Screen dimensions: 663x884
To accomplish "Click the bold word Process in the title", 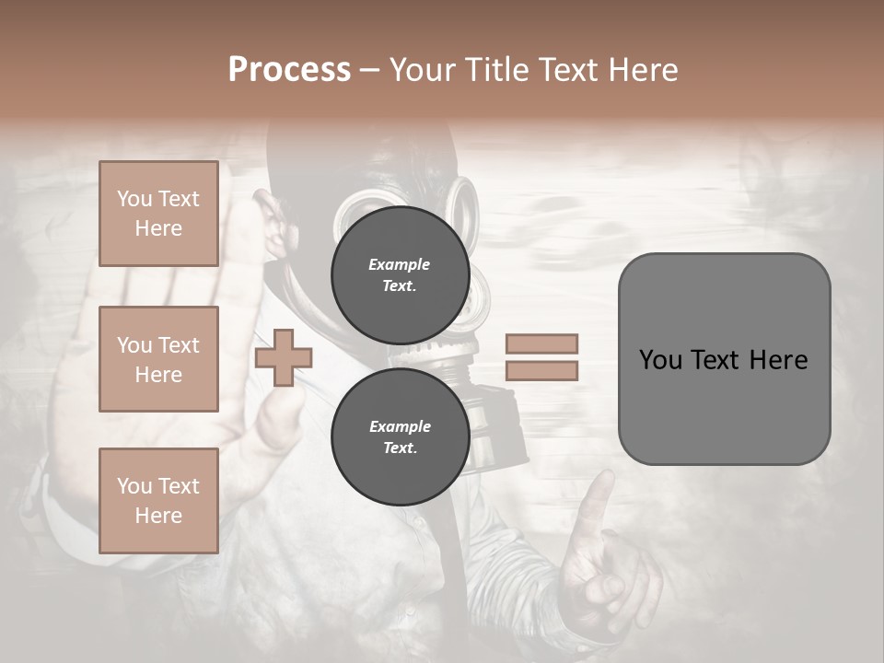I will coord(289,69).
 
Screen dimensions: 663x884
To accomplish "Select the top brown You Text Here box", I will coord(158,214).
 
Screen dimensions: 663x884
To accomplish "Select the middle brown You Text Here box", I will coord(158,359).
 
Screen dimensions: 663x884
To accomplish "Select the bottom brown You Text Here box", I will coord(158,501).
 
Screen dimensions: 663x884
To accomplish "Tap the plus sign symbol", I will coord(283,358).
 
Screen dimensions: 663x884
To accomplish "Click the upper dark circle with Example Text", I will coord(400,275).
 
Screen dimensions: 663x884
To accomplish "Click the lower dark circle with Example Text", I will coord(400,437).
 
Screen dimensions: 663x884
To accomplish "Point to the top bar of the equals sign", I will coord(541,344).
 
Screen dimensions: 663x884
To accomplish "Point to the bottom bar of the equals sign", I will coord(541,371).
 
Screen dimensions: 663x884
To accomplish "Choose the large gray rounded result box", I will coord(724,359).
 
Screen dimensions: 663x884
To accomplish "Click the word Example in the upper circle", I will coord(400,265).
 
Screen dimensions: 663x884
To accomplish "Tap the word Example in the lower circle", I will coord(400,426).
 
